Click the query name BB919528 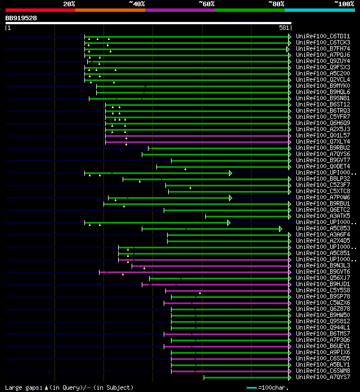tap(21, 18)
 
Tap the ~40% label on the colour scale tap(137, 3)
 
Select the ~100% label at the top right tap(344, 3)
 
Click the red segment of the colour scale tap(40, 10)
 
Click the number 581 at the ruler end tap(284, 28)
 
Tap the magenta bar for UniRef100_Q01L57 tap(197, 136)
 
